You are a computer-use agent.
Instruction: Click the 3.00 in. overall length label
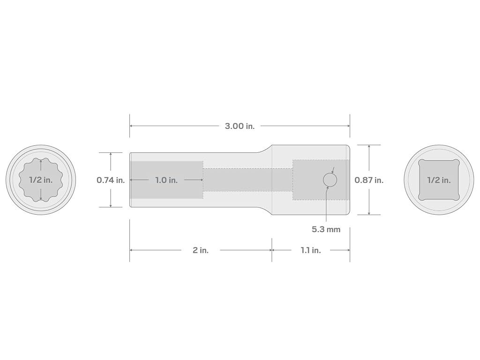tap(240, 126)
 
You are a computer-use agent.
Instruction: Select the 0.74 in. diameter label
tap(111, 180)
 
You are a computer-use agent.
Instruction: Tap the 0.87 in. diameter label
tap(369, 180)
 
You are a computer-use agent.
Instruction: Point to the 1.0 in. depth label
tap(166, 180)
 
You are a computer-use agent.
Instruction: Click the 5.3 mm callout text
tap(326, 229)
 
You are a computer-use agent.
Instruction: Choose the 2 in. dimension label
tap(201, 250)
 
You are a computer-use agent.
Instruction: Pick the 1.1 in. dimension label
tap(311, 250)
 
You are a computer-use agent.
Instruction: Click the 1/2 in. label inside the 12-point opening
tap(41, 180)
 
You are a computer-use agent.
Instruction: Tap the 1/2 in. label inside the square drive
tap(439, 180)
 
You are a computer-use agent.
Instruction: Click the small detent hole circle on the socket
tap(330, 180)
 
